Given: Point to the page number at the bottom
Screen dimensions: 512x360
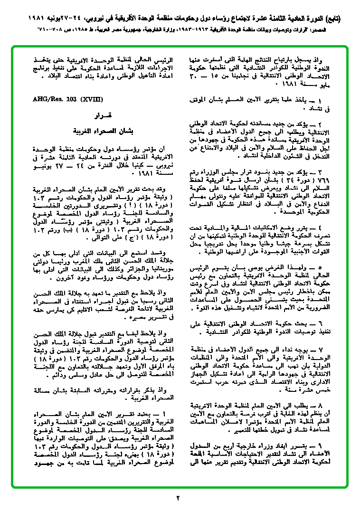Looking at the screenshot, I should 179,498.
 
